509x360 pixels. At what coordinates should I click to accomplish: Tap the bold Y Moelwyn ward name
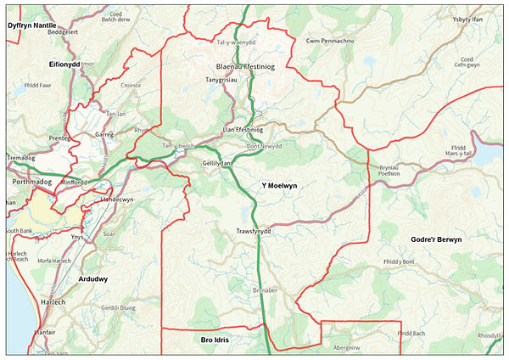point(279,185)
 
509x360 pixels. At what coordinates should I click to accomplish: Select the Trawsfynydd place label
point(254,231)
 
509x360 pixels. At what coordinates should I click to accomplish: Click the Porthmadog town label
point(33,182)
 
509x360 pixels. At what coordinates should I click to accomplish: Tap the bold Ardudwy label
point(92,278)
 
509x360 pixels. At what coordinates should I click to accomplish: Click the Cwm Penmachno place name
point(330,41)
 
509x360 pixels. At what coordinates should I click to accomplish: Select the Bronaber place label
point(265,290)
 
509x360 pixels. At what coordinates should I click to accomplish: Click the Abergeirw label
point(351,346)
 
